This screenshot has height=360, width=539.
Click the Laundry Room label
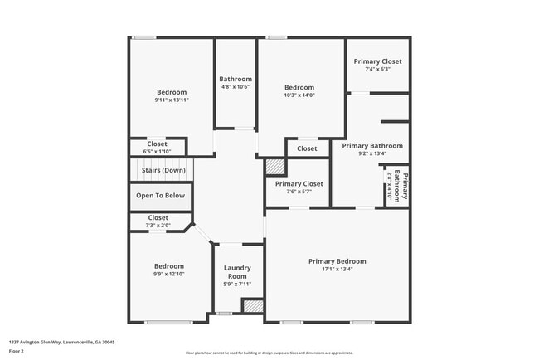point(238,272)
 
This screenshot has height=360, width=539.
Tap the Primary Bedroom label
point(337,261)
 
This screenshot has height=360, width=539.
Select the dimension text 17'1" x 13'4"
point(337,269)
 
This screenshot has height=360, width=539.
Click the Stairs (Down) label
point(163,170)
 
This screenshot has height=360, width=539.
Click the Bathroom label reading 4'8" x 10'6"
point(236,79)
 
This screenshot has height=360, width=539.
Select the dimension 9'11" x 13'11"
point(172,100)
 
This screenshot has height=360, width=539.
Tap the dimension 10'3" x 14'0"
point(299,95)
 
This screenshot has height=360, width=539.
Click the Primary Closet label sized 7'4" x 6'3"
point(377,61)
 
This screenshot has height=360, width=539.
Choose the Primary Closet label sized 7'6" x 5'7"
point(299,183)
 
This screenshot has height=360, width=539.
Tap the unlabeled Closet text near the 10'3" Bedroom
point(307,148)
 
